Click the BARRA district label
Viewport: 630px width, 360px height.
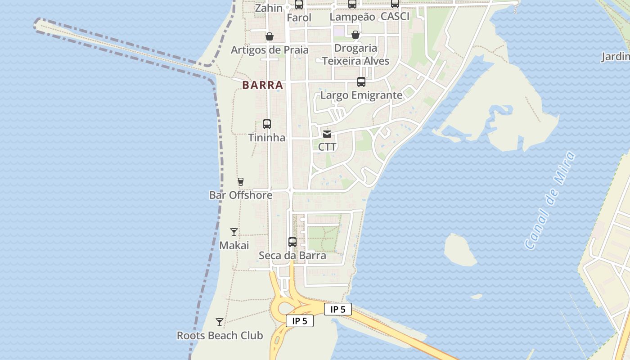point(263,85)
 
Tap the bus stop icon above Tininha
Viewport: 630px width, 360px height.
point(267,124)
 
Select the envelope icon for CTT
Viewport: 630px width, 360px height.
point(327,134)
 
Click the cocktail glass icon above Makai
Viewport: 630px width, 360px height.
point(234,232)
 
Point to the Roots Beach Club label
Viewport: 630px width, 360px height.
point(220,336)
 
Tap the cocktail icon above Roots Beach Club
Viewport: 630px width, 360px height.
point(220,322)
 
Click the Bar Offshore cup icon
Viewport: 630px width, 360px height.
point(241,182)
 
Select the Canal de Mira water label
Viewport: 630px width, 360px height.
point(550,201)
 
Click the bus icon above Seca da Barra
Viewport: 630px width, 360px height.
point(292,242)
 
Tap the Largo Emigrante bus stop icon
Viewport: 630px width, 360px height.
point(361,82)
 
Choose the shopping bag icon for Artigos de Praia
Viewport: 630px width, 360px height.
point(270,36)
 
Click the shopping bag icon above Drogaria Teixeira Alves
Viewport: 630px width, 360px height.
point(355,35)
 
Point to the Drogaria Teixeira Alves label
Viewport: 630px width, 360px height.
point(355,54)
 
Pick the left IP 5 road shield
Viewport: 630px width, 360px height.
point(300,321)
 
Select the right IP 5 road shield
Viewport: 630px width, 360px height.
point(338,309)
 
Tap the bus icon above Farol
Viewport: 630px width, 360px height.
point(299,5)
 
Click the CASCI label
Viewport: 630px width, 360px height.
point(395,17)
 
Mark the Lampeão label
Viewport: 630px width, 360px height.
point(352,17)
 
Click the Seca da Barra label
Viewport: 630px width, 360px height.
point(292,256)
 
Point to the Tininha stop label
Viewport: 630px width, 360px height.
point(267,138)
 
